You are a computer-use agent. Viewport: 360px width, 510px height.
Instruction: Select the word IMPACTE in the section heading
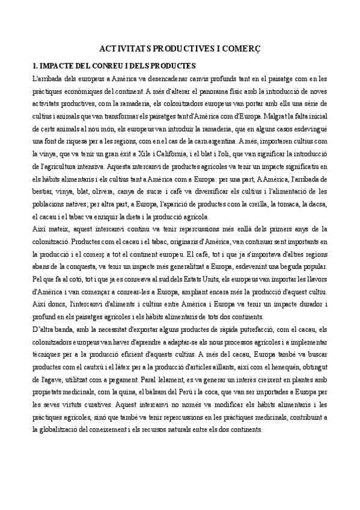click(x=59, y=65)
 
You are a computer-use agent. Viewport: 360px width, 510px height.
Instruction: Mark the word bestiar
click(x=42, y=192)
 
